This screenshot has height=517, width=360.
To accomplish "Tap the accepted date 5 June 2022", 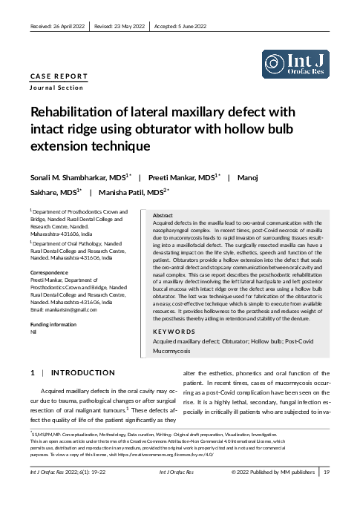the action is (x=182, y=26).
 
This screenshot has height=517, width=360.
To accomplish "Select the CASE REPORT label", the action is (x=58, y=76).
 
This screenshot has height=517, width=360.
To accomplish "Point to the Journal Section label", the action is (x=56, y=88).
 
